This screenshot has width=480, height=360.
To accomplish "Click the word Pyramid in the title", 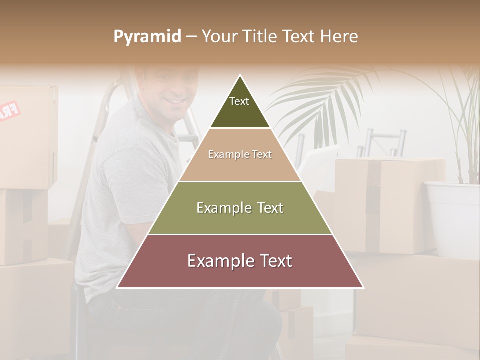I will pyautogui.click(x=147, y=37).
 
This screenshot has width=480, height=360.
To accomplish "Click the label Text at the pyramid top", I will pyautogui.click(x=239, y=101).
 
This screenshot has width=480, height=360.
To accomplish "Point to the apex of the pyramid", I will pyautogui.click(x=240, y=76).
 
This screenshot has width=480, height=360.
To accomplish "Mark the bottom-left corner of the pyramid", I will pyautogui.click(x=117, y=287).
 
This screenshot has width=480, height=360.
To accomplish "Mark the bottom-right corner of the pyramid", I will pyautogui.click(x=363, y=287).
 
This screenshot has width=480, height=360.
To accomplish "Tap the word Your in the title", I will pyautogui.click(x=218, y=37).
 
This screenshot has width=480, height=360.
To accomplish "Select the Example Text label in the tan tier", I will pyautogui.click(x=240, y=155).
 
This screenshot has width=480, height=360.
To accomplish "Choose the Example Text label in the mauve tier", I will pyautogui.click(x=240, y=261).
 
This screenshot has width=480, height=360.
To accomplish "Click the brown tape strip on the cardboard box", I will pyautogui.click(x=372, y=200).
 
